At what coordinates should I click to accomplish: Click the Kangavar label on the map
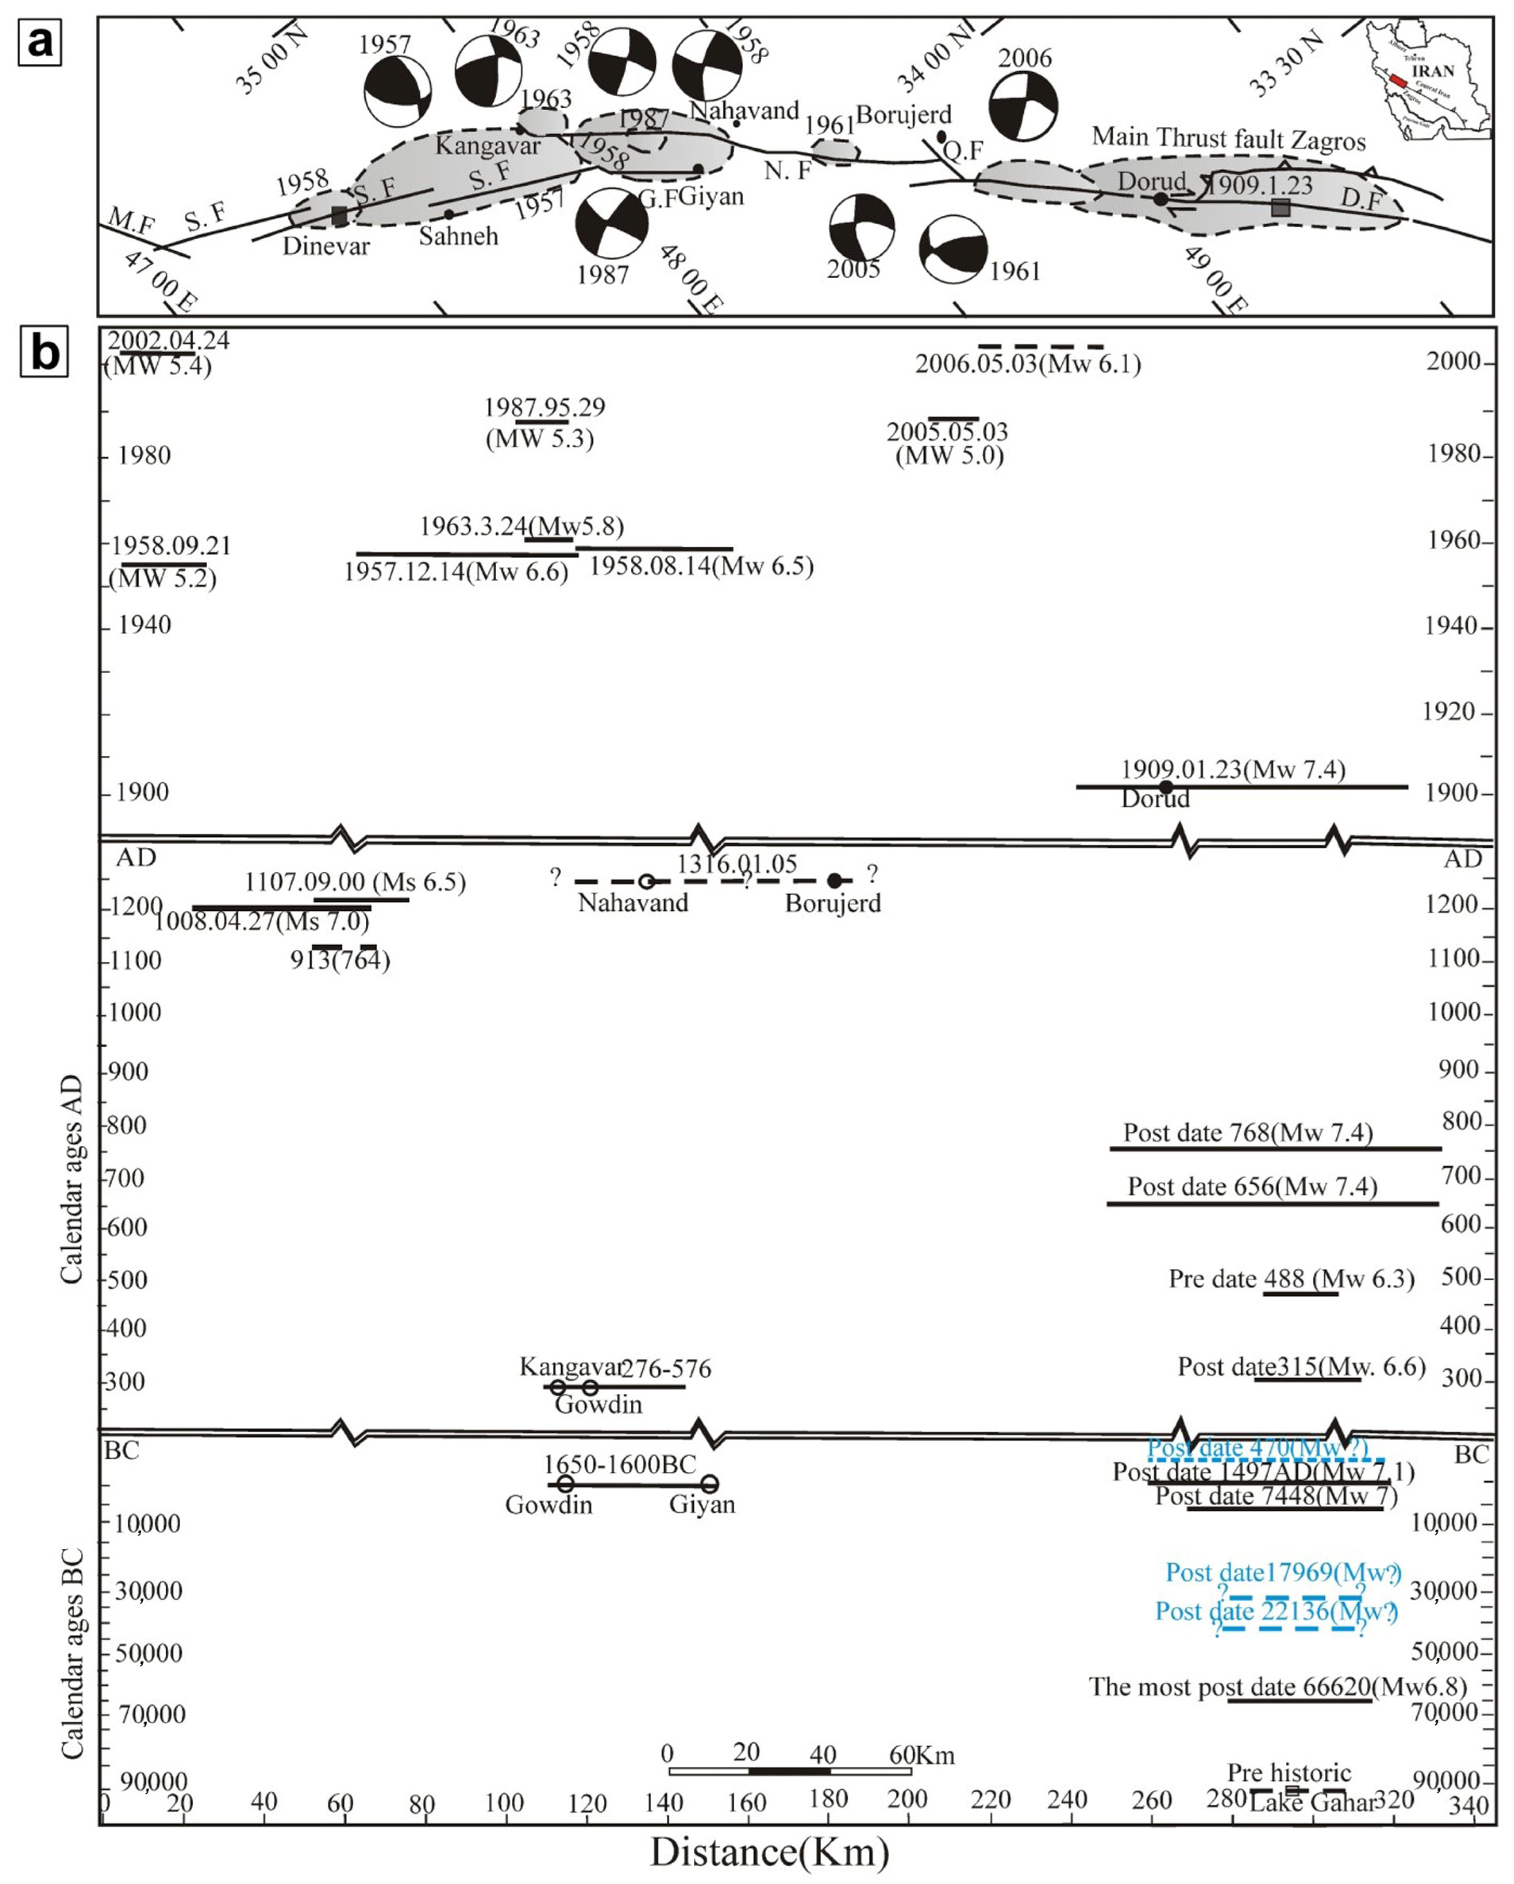tap(488, 145)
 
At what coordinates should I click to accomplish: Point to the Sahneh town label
tap(458, 236)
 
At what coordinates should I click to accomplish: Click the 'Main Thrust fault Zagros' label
tap(1228, 138)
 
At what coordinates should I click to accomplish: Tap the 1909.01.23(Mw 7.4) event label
tap(1233, 769)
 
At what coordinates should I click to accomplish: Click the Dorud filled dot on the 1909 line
tap(1165, 787)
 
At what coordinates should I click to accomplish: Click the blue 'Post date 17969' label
tap(1284, 1573)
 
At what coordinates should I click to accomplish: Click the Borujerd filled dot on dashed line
tap(834, 881)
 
